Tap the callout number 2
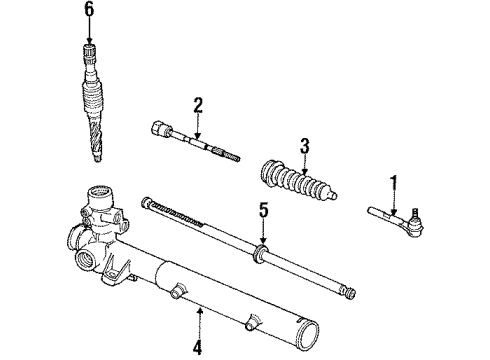coord(198,104)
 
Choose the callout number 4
coord(197,349)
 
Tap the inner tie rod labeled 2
coord(195,143)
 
